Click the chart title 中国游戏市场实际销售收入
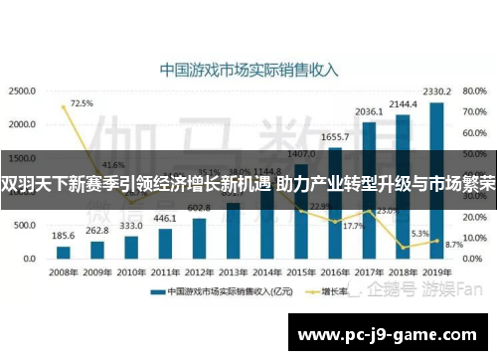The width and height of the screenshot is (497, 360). click(x=249, y=71)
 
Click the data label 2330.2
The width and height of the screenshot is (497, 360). click(x=435, y=91)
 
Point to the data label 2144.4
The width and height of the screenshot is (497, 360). click(x=403, y=103)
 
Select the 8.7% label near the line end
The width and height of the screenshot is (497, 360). click(x=454, y=244)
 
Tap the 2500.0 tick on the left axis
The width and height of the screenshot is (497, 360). click(x=23, y=90)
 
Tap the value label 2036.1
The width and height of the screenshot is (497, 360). click(x=369, y=111)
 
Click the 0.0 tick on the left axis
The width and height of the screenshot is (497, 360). click(x=29, y=260)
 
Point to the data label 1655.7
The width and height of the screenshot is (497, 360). click(x=336, y=136)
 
